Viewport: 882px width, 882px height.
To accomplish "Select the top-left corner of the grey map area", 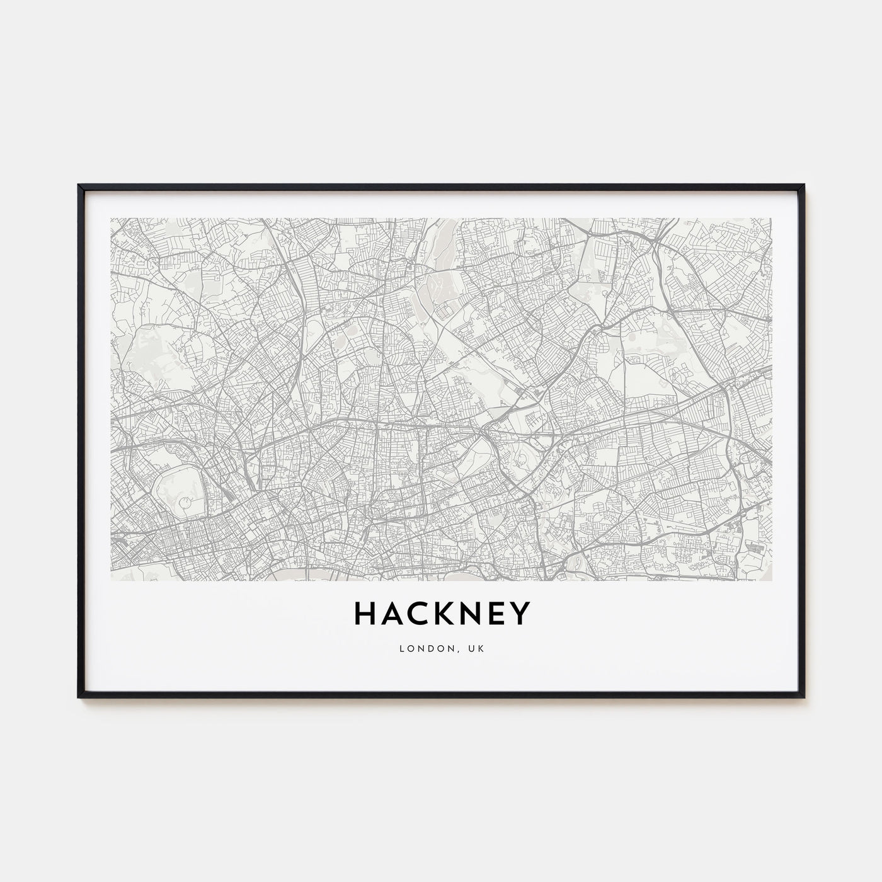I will [x=111, y=219].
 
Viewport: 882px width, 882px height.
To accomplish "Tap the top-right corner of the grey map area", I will [x=771, y=219].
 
